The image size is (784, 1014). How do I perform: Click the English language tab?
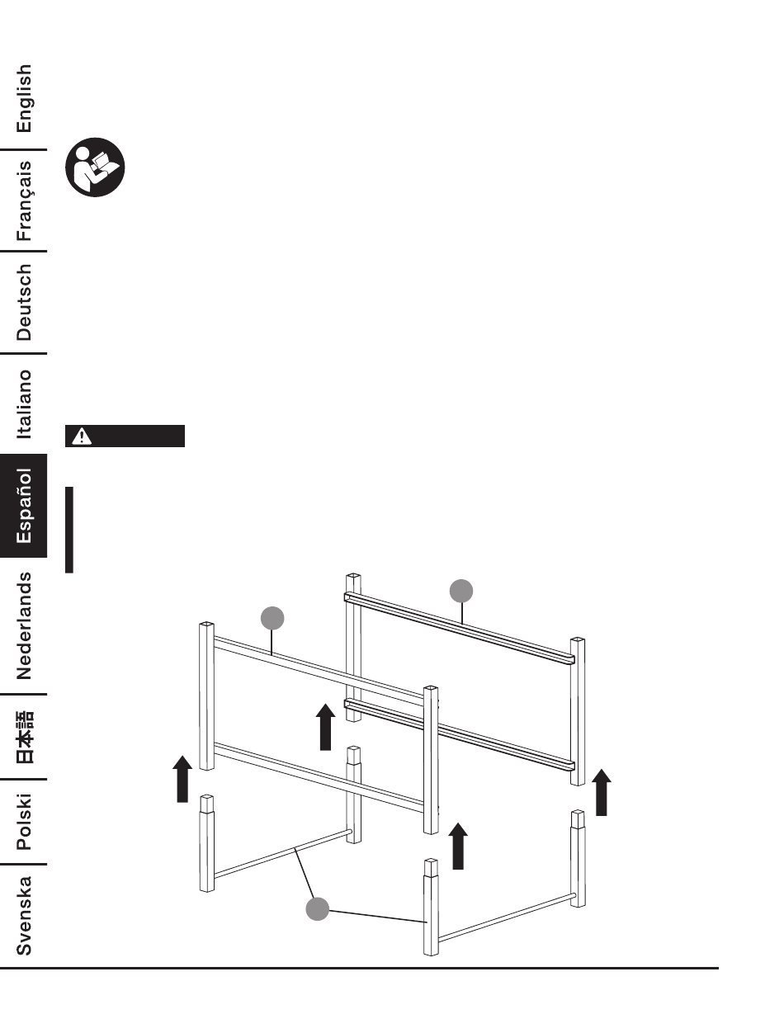click(25, 99)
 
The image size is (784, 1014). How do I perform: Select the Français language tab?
click(25, 200)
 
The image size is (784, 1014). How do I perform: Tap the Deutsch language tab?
click(25, 302)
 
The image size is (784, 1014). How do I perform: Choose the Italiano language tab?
click(25, 404)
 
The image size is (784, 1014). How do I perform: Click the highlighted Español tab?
click(25, 507)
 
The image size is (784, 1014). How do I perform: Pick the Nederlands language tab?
click(25, 625)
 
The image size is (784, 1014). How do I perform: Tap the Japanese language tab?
click(25, 736)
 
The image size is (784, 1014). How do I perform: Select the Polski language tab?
click(25, 821)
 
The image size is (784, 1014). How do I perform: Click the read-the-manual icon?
click(95, 167)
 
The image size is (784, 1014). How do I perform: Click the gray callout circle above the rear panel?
click(461, 591)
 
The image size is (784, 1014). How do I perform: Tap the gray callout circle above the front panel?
click(272, 617)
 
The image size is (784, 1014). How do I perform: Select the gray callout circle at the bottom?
click(318, 909)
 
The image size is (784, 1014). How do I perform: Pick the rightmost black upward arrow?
click(602, 792)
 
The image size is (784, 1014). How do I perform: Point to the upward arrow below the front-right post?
click(458, 846)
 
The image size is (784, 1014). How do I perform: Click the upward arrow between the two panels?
click(326, 727)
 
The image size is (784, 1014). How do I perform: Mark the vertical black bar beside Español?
click(69, 529)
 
